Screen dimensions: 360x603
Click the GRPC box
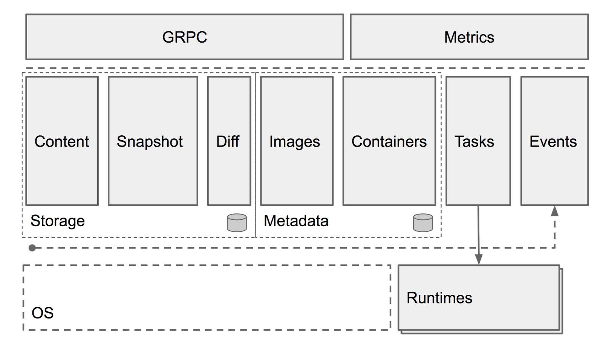point(185,37)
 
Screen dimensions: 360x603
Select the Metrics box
point(469,37)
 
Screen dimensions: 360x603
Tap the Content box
point(62,141)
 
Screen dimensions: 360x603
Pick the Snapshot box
point(153,141)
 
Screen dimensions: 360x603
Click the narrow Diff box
point(229,141)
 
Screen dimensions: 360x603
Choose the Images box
point(297,141)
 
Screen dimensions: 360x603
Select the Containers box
point(389,141)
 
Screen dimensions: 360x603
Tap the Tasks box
point(478,141)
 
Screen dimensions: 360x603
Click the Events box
point(554,141)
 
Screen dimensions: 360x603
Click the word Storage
point(58,221)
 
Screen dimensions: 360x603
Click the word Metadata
point(296,221)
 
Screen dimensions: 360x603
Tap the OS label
point(43,313)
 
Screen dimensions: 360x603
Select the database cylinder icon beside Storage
point(237,223)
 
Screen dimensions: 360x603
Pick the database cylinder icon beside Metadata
point(423,223)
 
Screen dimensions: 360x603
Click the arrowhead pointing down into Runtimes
point(479,259)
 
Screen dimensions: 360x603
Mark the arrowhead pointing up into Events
point(554,211)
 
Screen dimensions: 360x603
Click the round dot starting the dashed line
point(32,248)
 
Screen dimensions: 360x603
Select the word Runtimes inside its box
point(439,298)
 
